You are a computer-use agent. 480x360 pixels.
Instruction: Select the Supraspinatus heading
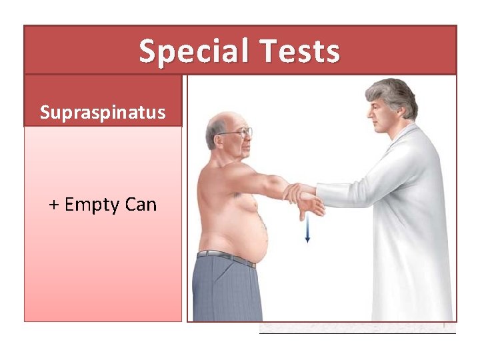click(x=102, y=112)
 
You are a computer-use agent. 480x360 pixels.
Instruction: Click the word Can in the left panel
click(x=141, y=204)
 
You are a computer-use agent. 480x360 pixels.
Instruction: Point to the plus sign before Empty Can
click(x=54, y=204)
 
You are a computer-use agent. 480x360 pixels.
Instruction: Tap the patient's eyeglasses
click(x=239, y=131)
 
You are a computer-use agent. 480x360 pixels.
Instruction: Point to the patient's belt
click(x=227, y=256)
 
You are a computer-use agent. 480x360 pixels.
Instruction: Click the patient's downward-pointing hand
click(x=313, y=207)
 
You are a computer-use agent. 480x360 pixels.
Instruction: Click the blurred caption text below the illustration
click(x=357, y=329)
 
